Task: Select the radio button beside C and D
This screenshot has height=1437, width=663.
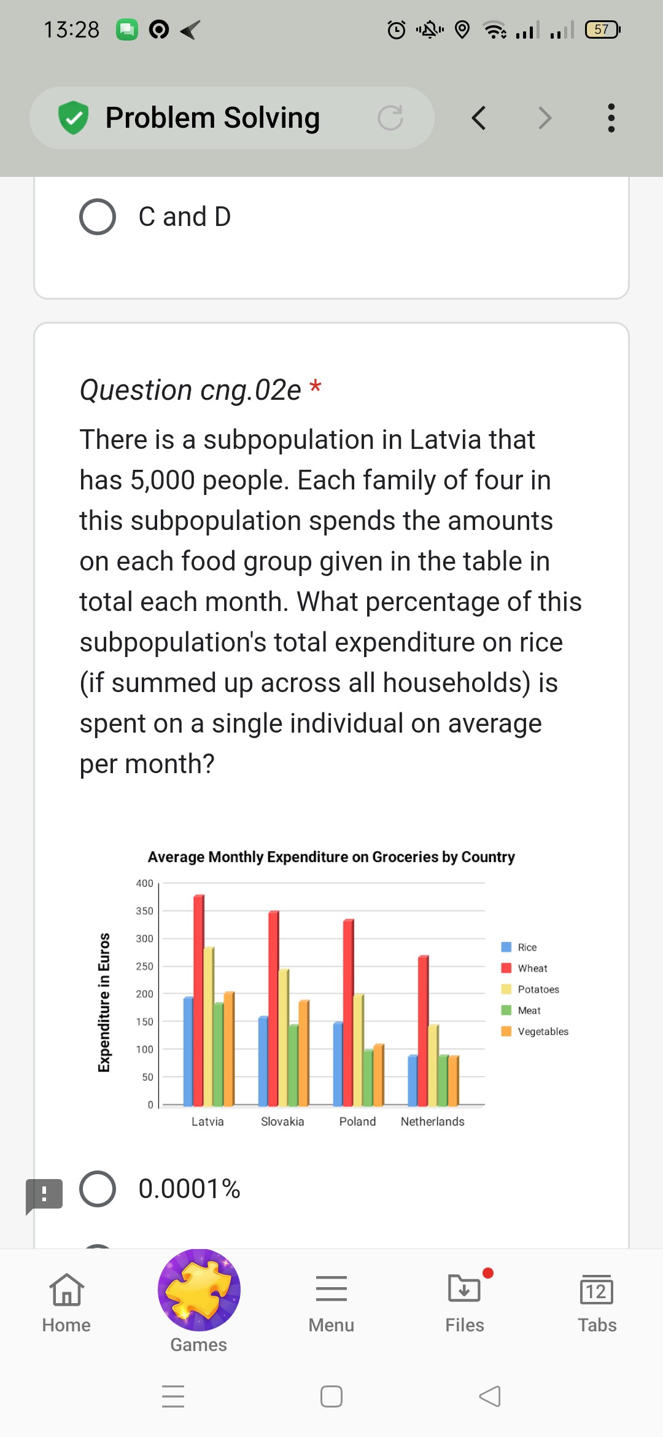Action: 98,217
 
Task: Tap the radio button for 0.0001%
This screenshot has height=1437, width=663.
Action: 98,1189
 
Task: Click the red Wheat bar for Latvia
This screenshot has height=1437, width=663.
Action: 199,1001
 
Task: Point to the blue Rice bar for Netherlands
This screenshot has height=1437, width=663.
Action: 413,1081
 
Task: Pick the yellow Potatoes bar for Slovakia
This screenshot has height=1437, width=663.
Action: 283,1038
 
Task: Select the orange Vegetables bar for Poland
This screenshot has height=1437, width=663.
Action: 379,1075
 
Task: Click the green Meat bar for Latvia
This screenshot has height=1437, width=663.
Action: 219,1054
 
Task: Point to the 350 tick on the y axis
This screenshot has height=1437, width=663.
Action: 145,911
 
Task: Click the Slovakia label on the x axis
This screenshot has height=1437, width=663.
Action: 282,1121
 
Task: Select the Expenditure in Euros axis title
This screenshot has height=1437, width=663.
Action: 104,1002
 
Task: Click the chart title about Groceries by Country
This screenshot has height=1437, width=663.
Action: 331,857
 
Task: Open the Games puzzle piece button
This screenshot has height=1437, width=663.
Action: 199,1290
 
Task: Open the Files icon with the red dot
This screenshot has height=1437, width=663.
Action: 465,1290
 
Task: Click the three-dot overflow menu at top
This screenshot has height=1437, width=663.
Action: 611,118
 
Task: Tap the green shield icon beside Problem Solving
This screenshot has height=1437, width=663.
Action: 74,118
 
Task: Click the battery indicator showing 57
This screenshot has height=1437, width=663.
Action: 602,29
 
